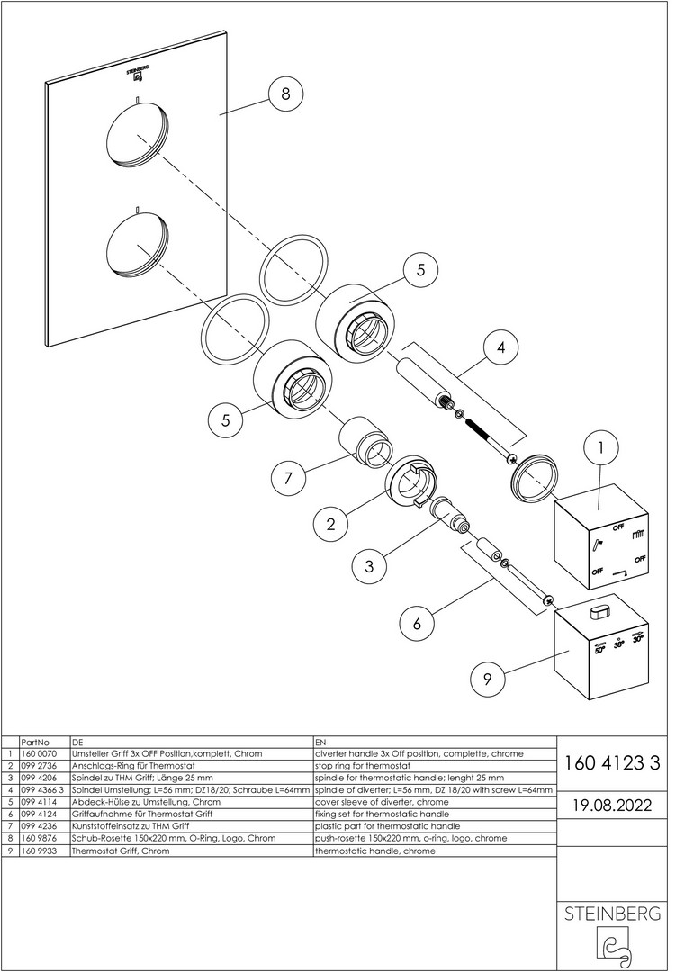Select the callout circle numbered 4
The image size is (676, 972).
500,346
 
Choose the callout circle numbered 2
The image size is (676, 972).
331,523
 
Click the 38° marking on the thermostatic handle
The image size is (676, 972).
618,644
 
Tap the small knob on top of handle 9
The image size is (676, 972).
599,613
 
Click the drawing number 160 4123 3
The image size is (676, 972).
612,764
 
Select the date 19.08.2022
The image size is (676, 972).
612,803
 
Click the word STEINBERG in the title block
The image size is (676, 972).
612,914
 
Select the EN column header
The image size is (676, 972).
320,740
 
